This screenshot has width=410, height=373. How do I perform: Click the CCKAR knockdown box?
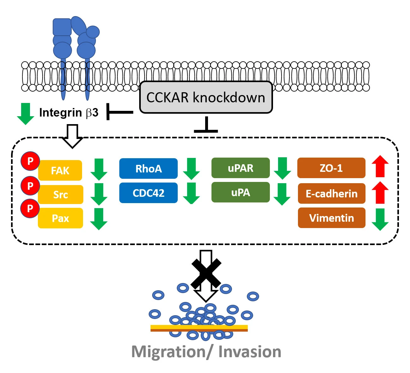[x=206, y=97]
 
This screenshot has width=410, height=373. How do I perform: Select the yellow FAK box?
[x=60, y=171]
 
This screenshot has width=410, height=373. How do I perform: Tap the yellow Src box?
[x=60, y=195]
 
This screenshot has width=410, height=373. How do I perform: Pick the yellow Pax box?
[x=60, y=218]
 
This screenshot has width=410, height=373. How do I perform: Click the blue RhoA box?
[x=148, y=169]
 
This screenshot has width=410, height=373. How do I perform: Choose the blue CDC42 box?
[x=148, y=193]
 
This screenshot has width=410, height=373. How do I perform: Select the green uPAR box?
[x=241, y=168]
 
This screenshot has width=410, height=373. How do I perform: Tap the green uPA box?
[x=241, y=192]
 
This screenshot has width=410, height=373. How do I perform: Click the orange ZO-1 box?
[x=331, y=168]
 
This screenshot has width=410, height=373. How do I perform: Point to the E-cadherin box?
[x=331, y=194]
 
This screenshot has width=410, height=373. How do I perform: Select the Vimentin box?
[x=331, y=218]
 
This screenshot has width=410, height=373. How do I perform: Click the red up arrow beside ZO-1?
[x=380, y=166]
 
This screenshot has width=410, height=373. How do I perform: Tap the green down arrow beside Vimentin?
[x=380, y=220]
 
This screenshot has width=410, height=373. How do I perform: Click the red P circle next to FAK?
[x=30, y=161]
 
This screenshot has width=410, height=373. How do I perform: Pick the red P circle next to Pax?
[x=30, y=208]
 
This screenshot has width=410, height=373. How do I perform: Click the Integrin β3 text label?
[x=69, y=112]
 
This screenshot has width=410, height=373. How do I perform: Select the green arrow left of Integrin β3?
[x=25, y=114]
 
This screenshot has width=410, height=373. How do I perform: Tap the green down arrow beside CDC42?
[x=191, y=193]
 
